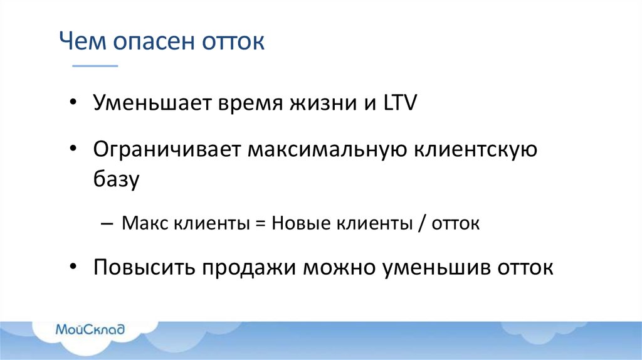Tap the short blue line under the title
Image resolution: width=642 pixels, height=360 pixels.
95,65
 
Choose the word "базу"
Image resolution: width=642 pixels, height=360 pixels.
116,181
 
